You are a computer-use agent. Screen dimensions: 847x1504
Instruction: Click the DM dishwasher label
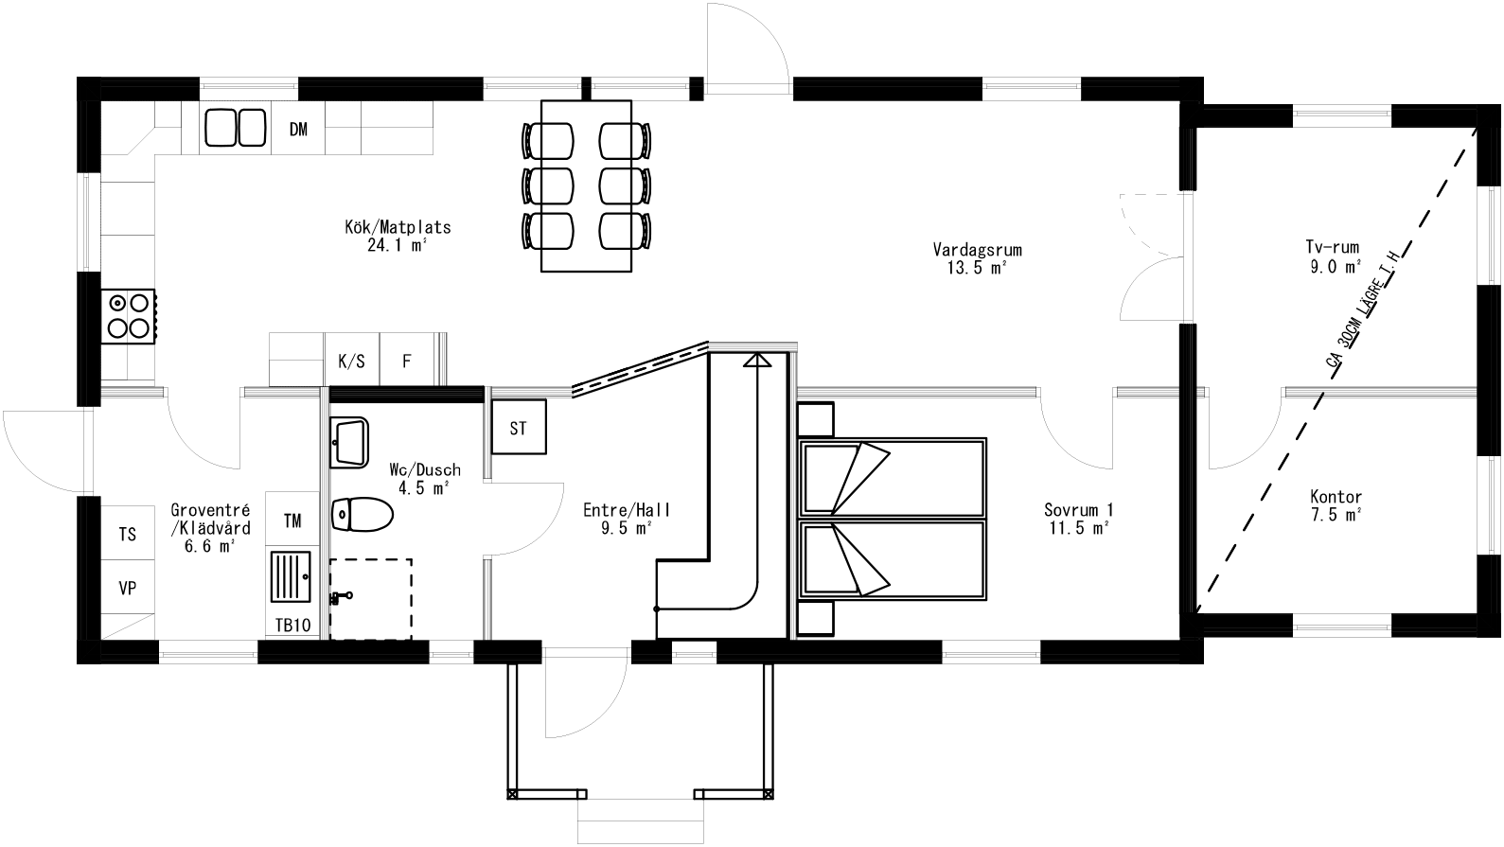click(x=298, y=130)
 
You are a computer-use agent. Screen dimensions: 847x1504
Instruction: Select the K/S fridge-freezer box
click(x=351, y=361)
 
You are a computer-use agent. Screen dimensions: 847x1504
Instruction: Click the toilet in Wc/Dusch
click(x=363, y=516)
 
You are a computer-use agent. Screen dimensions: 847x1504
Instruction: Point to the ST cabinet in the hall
click(x=518, y=429)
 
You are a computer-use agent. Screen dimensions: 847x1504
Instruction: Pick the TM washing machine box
click(x=293, y=520)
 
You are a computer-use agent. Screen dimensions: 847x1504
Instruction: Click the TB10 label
click(x=293, y=625)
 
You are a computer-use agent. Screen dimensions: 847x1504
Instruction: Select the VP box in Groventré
click(x=128, y=588)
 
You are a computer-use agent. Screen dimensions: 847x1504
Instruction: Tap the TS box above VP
click(x=128, y=535)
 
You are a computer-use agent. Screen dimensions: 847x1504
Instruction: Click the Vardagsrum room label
click(x=977, y=251)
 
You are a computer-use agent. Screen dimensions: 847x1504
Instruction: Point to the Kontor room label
click(x=1336, y=497)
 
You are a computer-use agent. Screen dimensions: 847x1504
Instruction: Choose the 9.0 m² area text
click(x=1336, y=268)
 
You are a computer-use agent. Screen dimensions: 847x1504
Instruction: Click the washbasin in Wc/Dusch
click(x=349, y=442)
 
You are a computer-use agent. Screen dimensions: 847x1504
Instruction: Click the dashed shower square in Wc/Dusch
click(x=371, y=598)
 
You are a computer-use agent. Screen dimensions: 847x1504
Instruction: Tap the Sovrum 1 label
click(x=1078, y=511)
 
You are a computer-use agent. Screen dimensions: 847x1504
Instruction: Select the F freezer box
click(x=407, y=361)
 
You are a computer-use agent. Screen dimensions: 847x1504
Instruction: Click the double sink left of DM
click(x=236, y=128)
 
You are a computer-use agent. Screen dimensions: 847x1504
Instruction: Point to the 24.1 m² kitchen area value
click(x=397, y=245)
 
